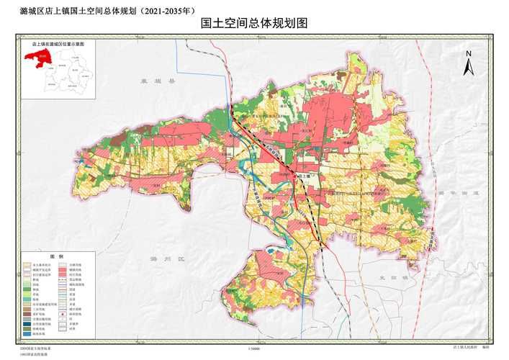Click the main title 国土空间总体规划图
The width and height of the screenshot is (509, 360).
(x=254, y=23)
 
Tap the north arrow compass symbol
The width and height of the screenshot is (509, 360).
(x=468, y=67)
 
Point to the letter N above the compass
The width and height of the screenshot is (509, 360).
(x=468, y=54)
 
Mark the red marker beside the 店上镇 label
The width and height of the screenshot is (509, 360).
(x=296, y=175)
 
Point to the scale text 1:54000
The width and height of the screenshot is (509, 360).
(x=253, y=348)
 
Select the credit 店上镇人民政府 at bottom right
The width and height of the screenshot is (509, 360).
(x=466, y=348)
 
